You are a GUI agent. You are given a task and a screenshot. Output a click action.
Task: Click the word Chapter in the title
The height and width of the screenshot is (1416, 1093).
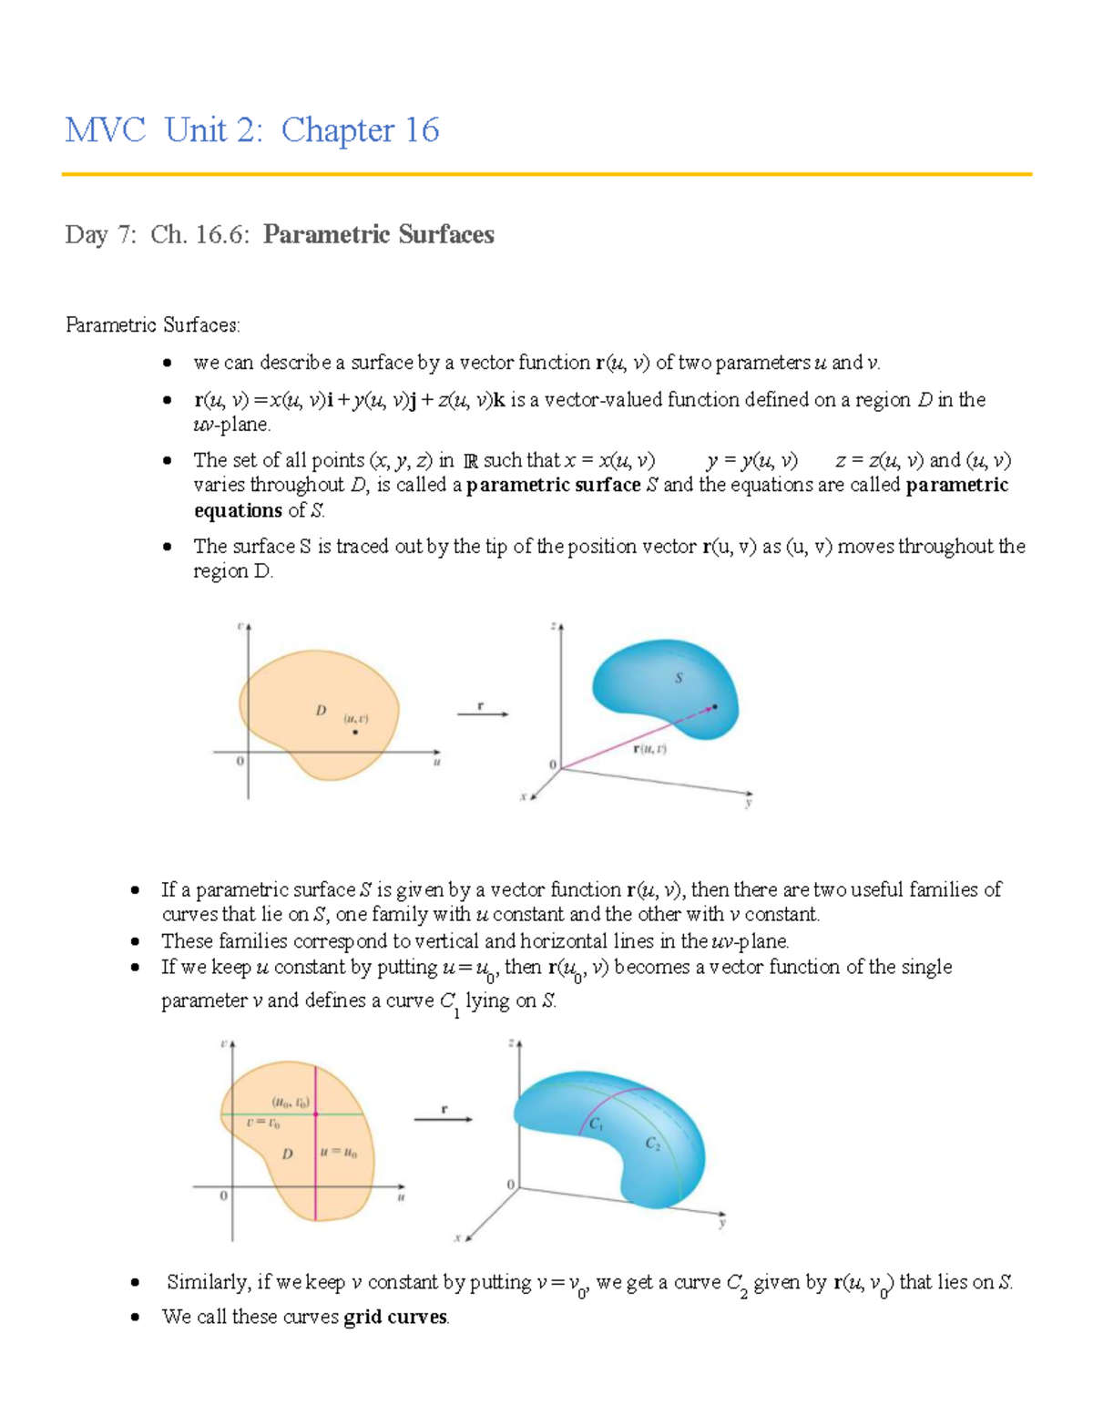[338, 130]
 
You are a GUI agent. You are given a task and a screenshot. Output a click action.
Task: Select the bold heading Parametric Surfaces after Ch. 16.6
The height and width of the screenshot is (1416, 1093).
[378, 235]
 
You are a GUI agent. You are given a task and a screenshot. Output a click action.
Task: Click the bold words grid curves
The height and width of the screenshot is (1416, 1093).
[395, 1318]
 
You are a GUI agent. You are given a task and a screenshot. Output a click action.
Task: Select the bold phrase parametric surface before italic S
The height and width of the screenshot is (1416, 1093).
[553, 486]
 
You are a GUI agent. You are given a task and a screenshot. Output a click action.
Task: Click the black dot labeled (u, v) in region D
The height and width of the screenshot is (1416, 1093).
[355, 732]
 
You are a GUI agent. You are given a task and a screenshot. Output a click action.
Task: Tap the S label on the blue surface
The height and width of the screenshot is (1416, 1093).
[679, 678]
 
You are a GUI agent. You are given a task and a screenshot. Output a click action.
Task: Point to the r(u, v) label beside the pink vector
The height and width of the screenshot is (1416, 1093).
[649, 749]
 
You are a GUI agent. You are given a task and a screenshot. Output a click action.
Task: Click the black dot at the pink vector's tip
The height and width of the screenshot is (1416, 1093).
[715, 706]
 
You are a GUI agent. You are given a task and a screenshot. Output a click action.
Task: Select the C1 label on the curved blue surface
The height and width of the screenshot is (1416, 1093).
[596, 1124]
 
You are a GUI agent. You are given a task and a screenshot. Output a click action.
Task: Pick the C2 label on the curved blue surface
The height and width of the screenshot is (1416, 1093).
[653, 1144]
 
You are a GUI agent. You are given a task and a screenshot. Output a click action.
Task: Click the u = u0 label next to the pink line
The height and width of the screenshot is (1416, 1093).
[339, 1153]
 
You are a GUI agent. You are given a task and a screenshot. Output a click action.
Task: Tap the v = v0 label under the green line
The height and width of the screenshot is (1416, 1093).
[262, 1124]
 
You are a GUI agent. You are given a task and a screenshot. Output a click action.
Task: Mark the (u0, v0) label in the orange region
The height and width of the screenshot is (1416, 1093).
[291, 1101]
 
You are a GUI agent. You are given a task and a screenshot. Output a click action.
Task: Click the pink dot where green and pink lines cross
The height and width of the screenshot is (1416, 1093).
[315, 1113]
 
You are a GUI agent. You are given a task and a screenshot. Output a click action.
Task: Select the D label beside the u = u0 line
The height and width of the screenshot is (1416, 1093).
[287, 1154]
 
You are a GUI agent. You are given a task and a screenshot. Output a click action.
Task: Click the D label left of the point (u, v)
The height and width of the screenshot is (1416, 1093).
[321, 711]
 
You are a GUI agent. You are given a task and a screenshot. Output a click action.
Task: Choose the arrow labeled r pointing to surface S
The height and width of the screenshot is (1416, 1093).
[482, 714]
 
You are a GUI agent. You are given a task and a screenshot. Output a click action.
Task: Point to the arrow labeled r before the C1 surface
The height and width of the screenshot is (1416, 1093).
[444, 1119]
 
